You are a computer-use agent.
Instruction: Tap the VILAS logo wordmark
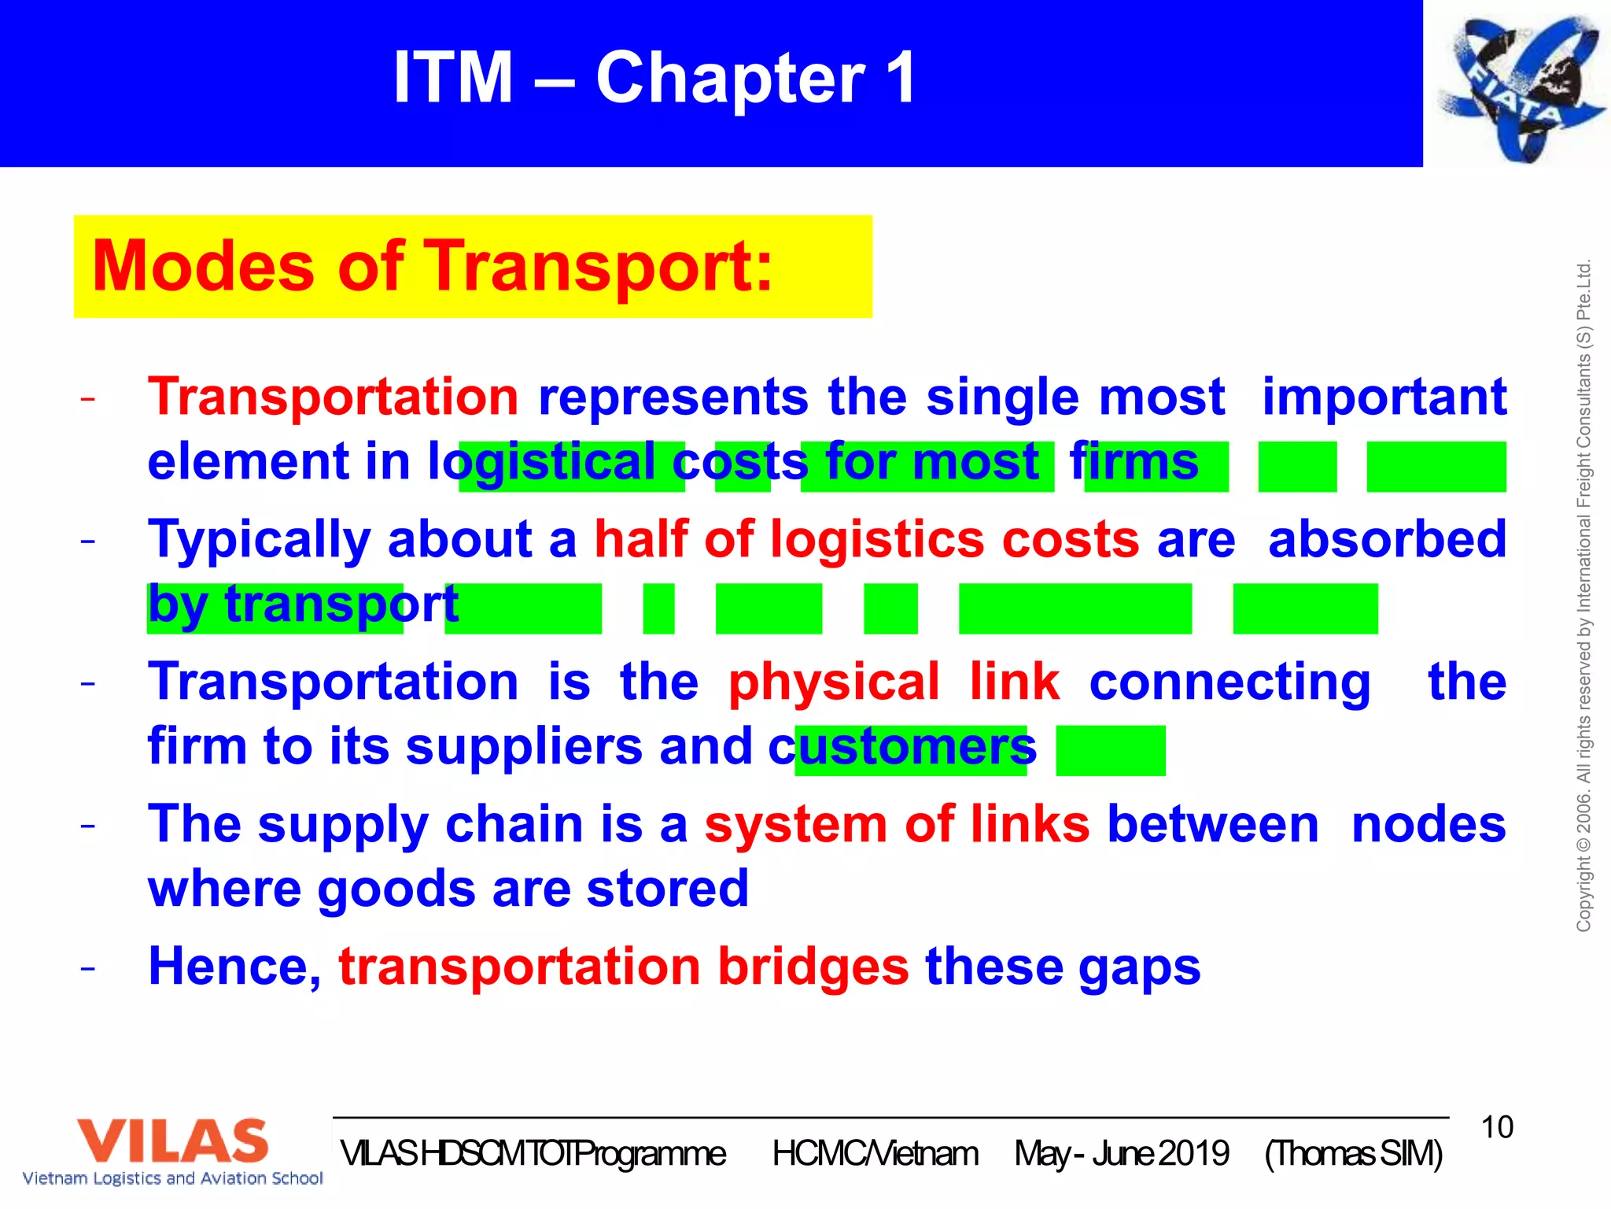[172, 1141]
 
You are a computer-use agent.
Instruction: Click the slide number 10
[1496, 1127]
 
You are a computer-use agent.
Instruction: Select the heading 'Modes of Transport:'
[433, 266]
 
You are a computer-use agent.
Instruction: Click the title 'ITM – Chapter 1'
[654, 77]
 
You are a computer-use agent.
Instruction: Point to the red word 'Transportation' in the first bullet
[333, 396]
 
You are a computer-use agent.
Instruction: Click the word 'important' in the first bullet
[1384, 396]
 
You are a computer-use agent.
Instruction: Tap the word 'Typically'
[259, 540]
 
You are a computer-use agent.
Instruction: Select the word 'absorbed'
[1387, 539]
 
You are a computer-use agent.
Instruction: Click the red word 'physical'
[834, 682]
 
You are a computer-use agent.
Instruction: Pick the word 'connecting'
[1229, 682]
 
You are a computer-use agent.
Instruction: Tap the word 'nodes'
[1429, 824]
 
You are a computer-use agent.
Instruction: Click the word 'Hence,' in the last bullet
[234, 967]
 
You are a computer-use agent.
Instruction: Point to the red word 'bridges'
[813, 967]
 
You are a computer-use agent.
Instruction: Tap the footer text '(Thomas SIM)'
[1353, 1154]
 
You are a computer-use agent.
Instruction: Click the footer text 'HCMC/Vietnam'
[875, 1154]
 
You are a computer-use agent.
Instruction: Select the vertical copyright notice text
[1583, 596]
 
